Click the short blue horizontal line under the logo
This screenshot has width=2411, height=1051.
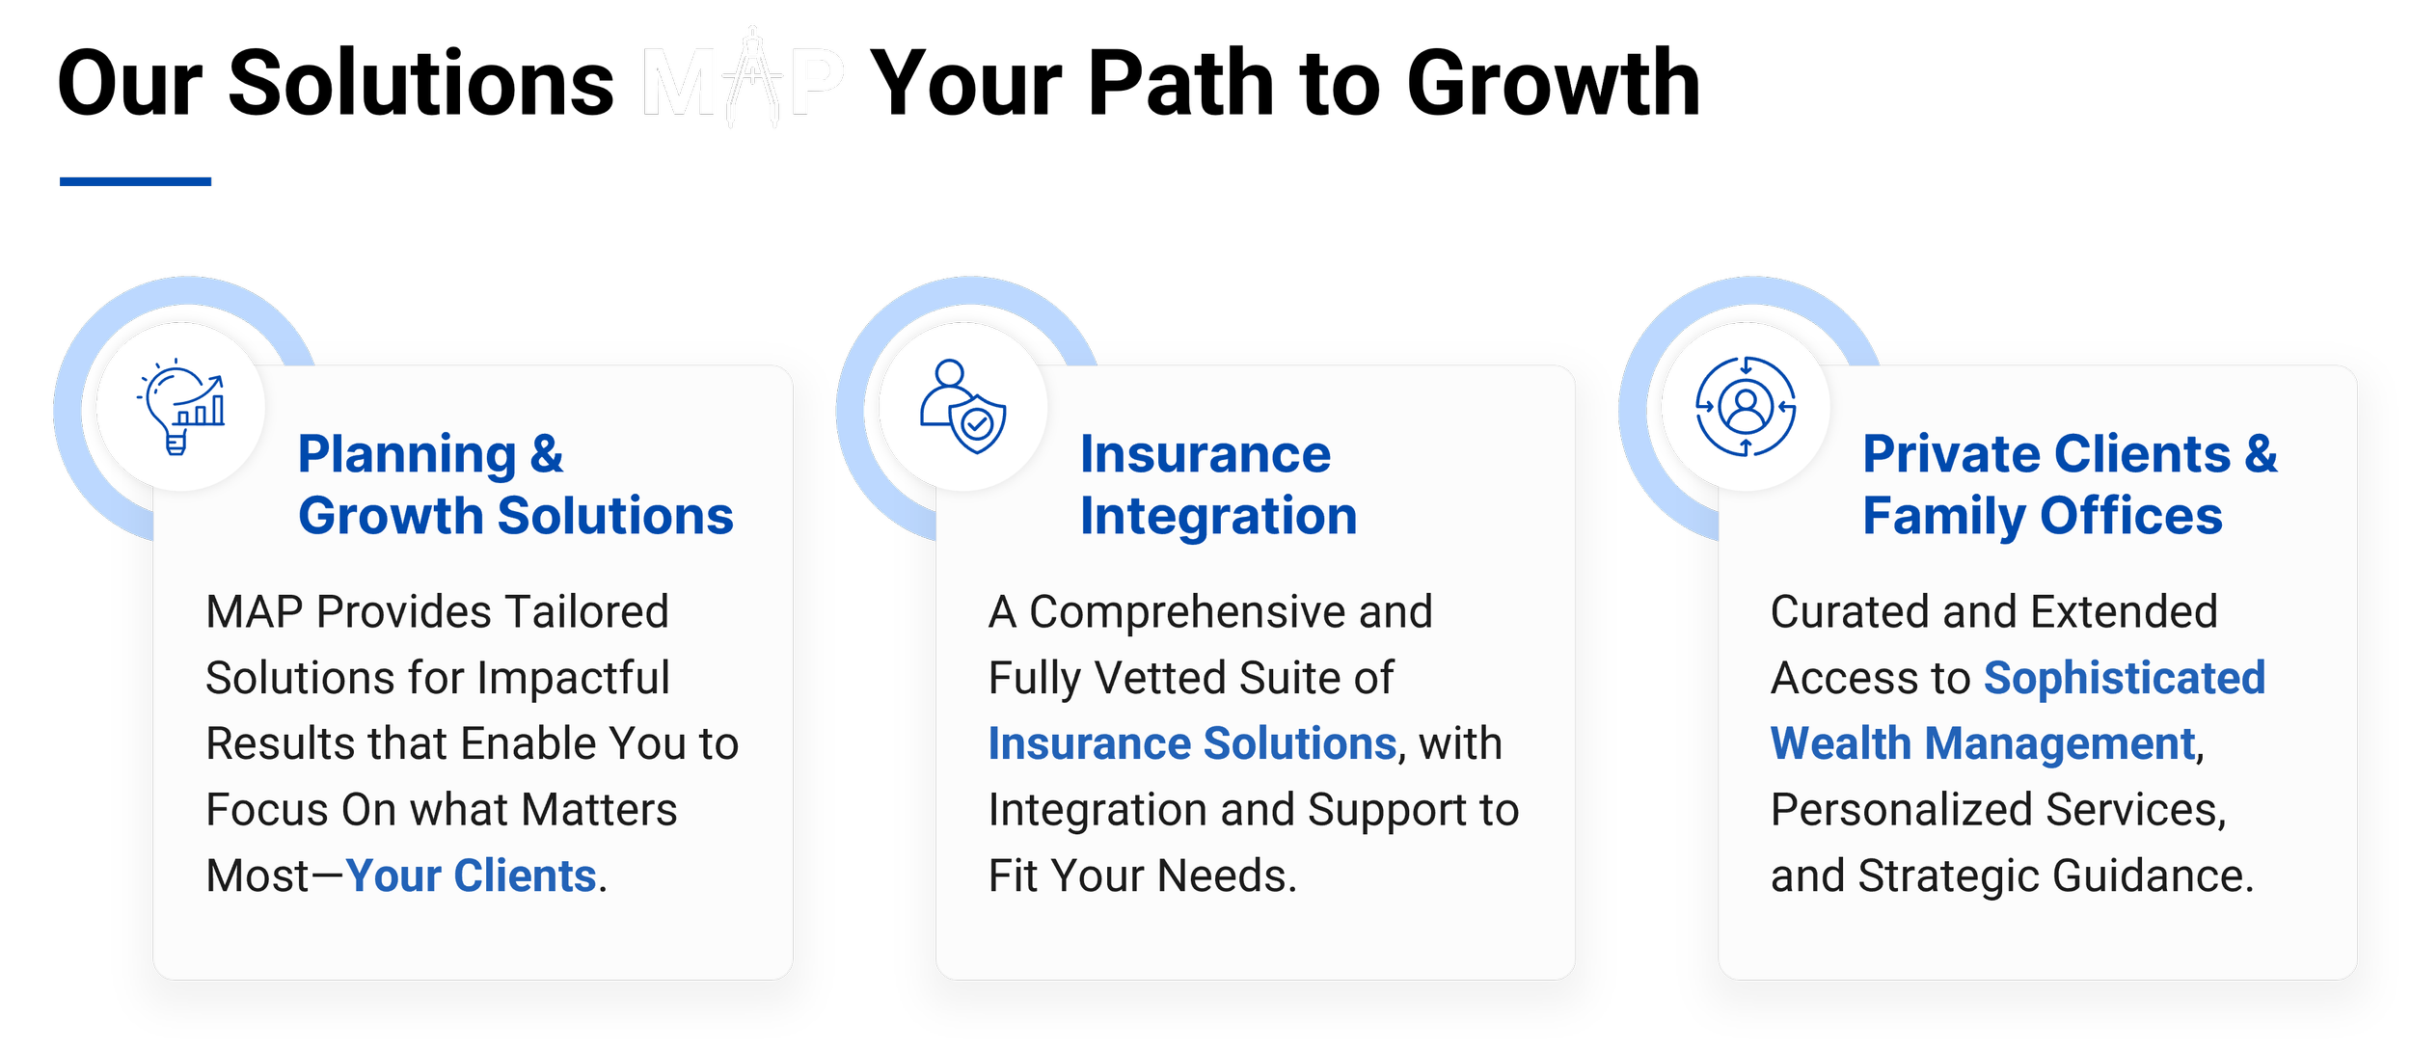(x=135, y=181)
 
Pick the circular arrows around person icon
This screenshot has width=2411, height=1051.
(x=1746, y=406)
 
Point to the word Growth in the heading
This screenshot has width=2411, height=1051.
(x=390, y=516)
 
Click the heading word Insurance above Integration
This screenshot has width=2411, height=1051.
(x=1205, y=454)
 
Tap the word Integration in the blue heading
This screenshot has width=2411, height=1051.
(x=1218, y=516)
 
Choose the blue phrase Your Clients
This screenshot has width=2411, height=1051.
(x=471, y=876)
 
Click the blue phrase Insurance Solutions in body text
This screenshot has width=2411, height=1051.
(x=1192, y=743)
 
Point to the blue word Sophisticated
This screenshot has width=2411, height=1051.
(x=2124, y=678)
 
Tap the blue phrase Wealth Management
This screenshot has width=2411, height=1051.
(x=1983, y=743)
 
